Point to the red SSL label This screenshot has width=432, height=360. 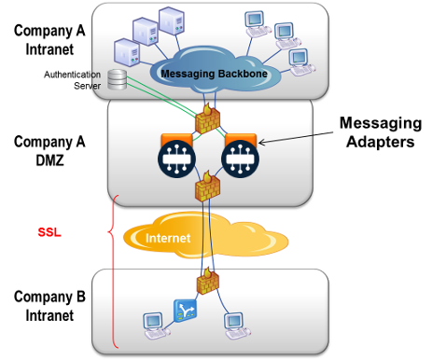tap(49, 233)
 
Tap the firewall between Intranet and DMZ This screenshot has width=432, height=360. tap(206, 118)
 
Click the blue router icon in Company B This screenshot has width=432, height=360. tap(183, 308)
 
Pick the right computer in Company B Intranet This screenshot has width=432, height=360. tap(232, 323)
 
